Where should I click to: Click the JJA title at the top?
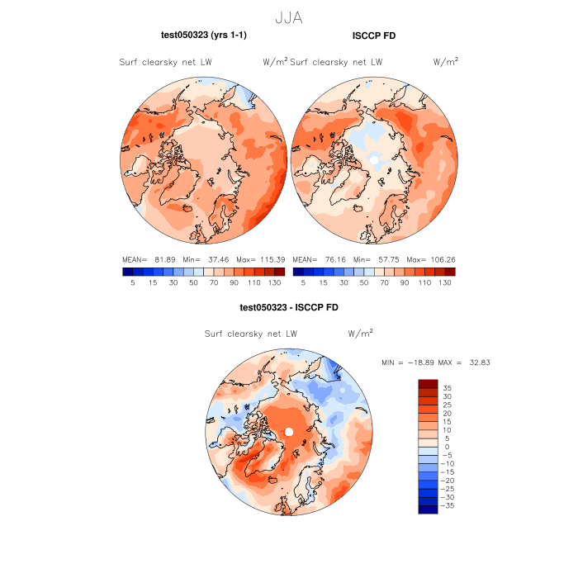pyautogui.click(x=288, y=17)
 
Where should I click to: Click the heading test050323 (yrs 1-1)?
pyautogui.click(x=203, y=35)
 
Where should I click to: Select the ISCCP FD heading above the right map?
pyautogui.click(x=373, y=35)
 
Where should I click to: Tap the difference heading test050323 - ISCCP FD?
pyautogui.click(x=288, y=307)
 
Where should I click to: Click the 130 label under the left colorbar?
pyautogui.click(x=274, y=282)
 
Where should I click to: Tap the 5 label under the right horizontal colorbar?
pyautogui.click(x=303, y=282)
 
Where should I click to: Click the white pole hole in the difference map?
pyautogui.click(x=289, y=433)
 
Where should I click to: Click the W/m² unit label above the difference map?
pyautogui.click(x=360, y=334)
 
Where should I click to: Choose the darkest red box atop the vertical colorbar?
pyautogui.click(x=428, y=383)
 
